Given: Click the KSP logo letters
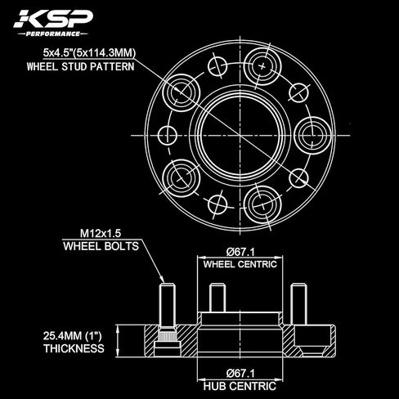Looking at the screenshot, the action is [53, 19].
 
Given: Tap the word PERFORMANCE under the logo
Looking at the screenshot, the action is [53, 34].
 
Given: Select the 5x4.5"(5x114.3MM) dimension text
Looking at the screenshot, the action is [89, 52].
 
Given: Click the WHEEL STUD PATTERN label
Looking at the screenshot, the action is [80, 67].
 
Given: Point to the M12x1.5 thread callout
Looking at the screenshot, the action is [101, 233].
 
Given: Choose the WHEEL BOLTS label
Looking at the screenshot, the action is [101, 246].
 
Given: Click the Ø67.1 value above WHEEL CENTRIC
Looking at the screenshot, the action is [240, 252].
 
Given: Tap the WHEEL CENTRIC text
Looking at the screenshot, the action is [240, 264].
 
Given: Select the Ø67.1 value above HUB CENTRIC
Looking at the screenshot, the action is [240, 374].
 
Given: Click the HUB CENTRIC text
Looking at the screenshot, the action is [240, 386].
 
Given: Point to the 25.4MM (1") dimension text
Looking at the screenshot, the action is [72, 336].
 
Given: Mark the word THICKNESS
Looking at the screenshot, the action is [74, 348].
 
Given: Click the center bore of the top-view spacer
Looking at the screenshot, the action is [240, 135].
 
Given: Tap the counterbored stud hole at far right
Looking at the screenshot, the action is [312, 135].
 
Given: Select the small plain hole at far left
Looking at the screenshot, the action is [168, 136].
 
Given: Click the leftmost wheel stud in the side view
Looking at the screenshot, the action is [167, 306].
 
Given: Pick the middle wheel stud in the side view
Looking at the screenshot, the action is [217, 298].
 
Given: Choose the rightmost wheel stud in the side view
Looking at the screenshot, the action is [298, 304].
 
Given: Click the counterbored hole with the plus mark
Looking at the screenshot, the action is [262, 66].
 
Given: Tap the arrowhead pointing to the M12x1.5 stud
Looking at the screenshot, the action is [162, 279].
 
